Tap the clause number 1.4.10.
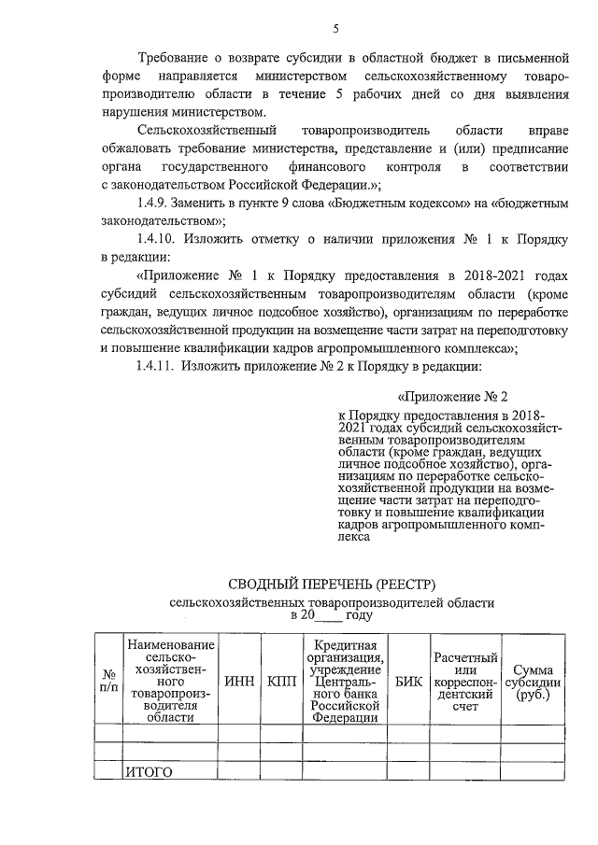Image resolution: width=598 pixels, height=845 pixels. point(159,239)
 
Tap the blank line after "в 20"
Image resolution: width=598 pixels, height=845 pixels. point(326,616)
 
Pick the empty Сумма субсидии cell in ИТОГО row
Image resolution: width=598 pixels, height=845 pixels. point(527,771)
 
